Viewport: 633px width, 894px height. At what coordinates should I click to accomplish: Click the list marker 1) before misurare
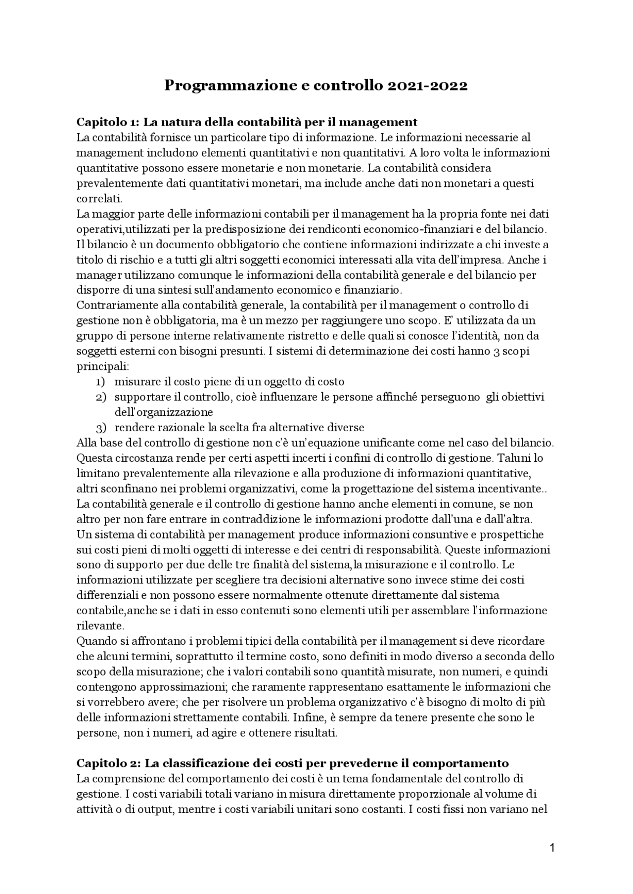pos(100,382)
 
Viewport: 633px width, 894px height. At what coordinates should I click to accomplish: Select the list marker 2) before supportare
pos(100,397)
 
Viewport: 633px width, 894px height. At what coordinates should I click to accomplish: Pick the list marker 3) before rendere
pos(100,428)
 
